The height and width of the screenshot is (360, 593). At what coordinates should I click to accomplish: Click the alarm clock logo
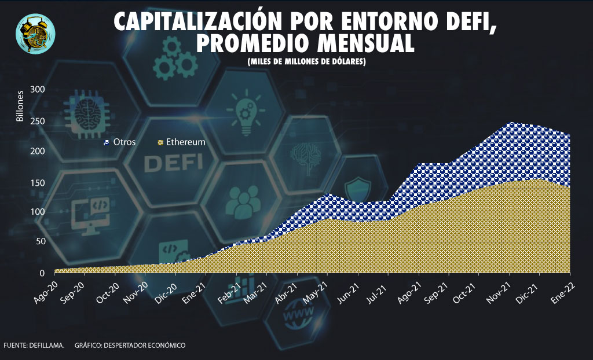36,34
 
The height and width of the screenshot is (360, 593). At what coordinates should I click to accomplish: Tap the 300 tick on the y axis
38,90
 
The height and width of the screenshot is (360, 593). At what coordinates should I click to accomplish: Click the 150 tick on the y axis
38,182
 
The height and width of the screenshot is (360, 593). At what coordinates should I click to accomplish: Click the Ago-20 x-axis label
47,289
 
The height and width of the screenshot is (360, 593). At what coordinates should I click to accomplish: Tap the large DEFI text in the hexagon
169,163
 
